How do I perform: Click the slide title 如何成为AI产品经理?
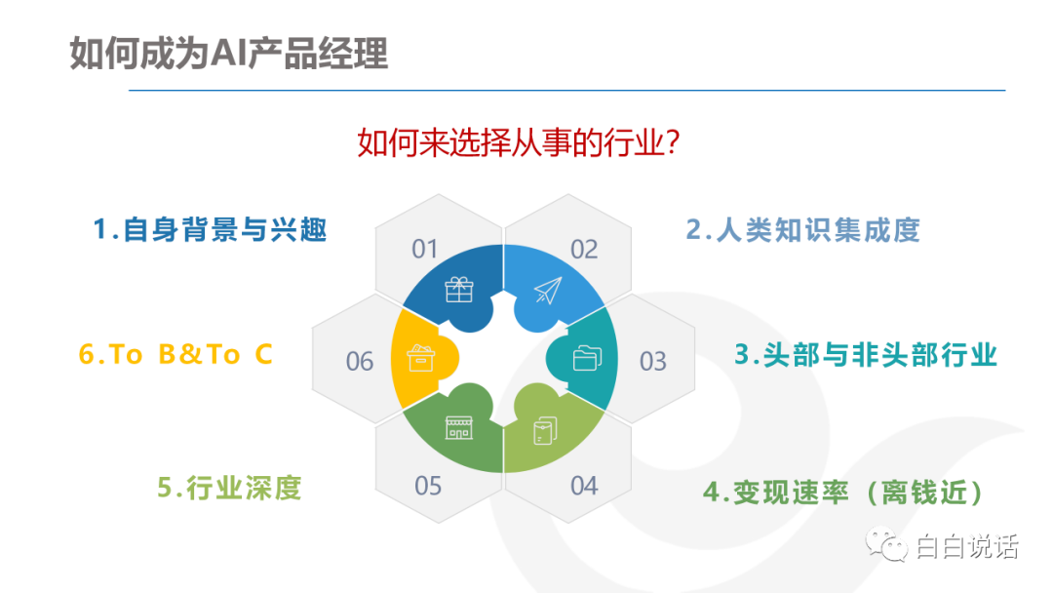tap(228, 53)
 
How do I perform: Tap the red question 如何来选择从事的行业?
tap(519, 142)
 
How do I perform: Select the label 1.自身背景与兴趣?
tap(210, 229)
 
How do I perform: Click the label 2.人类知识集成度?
tap(802, 229)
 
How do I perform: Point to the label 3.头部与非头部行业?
tap(866, 355)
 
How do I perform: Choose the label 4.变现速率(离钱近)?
tap(842, 493)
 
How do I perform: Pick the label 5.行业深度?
tap(229, 488)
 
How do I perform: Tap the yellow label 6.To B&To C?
tap(175, 354)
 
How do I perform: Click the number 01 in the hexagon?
tap(424, 249)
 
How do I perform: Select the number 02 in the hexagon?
tap(584, 250)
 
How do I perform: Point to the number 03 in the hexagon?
tap(652, 361)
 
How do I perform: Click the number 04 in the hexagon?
tap(584, 486)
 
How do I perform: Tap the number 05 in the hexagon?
tap(428, 486)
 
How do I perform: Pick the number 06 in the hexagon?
tap(359, 361)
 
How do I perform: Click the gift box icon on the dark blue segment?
tap(459, 290)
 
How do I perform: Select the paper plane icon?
tap(548, 290)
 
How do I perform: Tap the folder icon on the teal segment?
tap(587, 358)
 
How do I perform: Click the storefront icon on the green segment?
tap(459, 428)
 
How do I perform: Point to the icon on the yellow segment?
tap(421, 358)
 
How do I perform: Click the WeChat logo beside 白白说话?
tap(886, 544)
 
